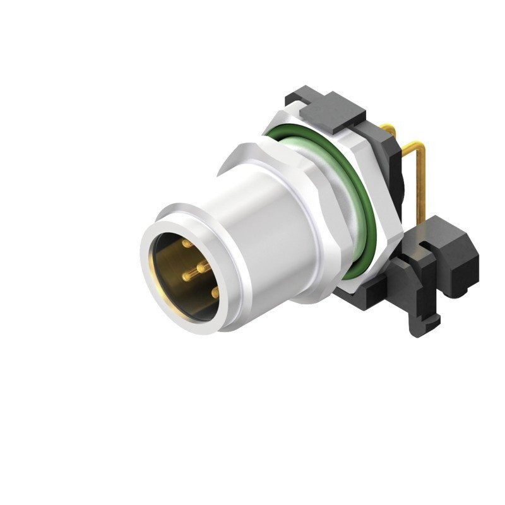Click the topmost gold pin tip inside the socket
click(x=186, y=244)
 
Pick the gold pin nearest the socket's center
click(x=200, y=268)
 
